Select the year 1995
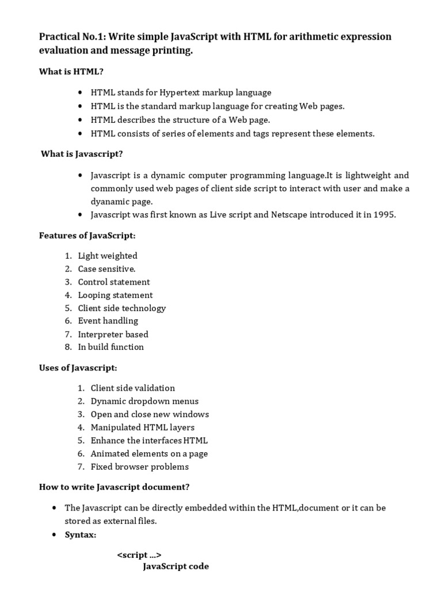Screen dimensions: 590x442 385,215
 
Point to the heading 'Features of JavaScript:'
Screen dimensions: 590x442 87,236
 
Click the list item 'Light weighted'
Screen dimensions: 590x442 108,256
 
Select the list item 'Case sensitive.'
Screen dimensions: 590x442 106,269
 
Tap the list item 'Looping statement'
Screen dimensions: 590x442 115,295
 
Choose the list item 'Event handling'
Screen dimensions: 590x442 108,321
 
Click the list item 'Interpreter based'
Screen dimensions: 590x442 113,334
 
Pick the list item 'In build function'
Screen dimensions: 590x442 111,347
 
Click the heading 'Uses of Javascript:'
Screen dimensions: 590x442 78,368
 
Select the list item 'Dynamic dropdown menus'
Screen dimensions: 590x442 144,401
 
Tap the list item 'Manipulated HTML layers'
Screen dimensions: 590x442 143,428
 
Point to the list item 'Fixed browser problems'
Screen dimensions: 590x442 140,467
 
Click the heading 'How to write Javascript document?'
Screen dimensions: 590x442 114,487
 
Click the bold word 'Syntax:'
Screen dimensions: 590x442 81,535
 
